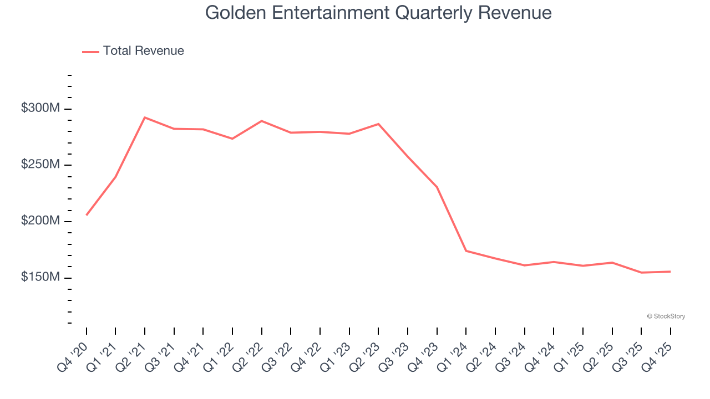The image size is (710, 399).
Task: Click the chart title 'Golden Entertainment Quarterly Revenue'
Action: point(378,13)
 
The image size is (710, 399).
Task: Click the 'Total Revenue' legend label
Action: point(143,51)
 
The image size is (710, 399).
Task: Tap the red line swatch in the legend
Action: point(90,52)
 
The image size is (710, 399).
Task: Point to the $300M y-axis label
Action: point(40,109)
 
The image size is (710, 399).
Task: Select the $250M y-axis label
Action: point(40,165)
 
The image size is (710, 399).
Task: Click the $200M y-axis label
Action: point(40,221)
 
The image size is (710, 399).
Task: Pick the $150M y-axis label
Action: point(40,277)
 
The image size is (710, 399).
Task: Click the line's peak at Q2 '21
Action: point(145,117)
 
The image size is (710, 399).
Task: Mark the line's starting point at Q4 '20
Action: point(87,214)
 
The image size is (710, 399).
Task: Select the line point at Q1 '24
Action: point(466,251)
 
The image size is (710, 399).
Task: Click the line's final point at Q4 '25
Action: point(670,272)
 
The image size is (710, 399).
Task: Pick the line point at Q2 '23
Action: point(378,124)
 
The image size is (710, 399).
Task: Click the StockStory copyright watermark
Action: point(666,316)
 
